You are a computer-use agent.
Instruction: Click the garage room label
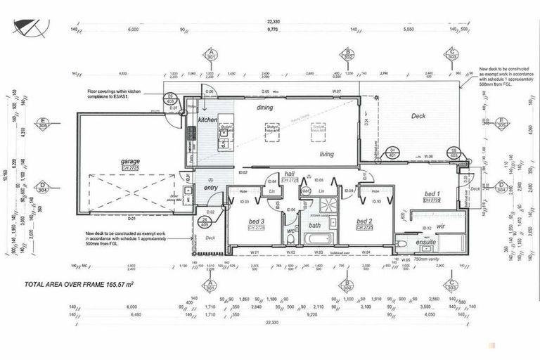tap(130, 161)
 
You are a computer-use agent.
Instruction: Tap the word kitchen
tap(208, 120)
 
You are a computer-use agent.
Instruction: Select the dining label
tap(264, 108)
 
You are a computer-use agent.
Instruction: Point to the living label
tap(327, 154)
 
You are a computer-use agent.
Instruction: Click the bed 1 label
tap(431, 193)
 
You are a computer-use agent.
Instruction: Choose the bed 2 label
tap(364, 221)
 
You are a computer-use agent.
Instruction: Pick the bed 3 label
tap(256, 221)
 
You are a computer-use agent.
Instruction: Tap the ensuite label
tap(425, 242)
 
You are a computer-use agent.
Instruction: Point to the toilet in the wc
tap(290, 239)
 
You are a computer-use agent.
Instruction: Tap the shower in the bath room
tap(328, 206)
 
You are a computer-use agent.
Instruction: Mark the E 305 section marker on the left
tap(43, 124)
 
